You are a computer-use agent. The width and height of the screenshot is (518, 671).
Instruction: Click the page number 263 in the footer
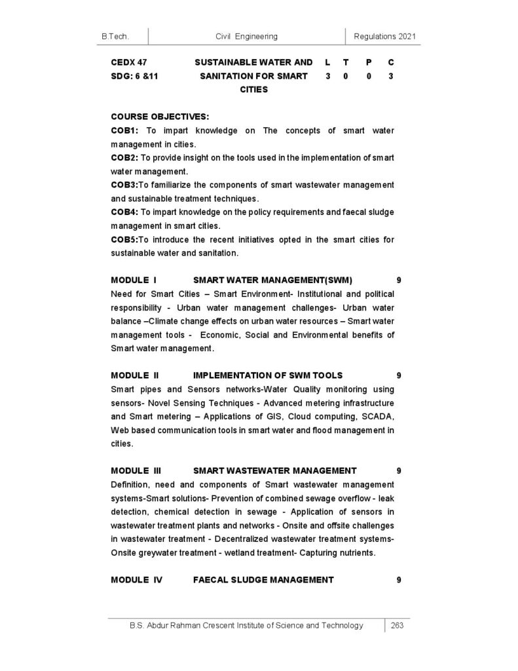point(398,626)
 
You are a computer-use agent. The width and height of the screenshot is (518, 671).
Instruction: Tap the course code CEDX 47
point(129,62)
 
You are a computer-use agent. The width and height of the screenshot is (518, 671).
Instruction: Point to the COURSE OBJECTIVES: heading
point(160,117)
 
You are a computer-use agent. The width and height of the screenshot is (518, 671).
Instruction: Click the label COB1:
point(124,130)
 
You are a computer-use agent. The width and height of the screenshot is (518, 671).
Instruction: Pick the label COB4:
point(124,212)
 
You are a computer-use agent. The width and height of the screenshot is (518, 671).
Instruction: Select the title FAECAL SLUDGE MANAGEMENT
point(263,580)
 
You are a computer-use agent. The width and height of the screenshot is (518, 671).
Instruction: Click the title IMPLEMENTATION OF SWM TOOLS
point(268,375)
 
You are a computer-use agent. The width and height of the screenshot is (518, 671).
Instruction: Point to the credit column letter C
point(391,62)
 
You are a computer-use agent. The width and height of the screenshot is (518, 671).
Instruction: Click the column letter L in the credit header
point(327,62)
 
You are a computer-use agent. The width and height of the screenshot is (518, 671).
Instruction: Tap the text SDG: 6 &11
point(135,76)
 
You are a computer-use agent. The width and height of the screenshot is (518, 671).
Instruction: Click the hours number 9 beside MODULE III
point(399,470)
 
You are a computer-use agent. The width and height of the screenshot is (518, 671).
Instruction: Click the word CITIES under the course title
point(254,90)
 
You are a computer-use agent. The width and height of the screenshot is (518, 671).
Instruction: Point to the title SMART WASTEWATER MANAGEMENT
point(275,470)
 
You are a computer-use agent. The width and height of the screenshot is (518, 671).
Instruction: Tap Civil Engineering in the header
point(246,37)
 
